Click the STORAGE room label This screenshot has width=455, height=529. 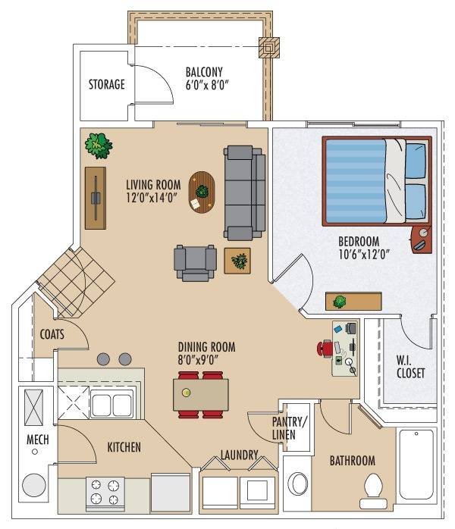(107, 84)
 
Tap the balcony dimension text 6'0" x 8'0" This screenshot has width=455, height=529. (207, 85)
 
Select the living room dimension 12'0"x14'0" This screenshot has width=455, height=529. (152, 197)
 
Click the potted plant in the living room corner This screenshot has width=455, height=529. (99, 146)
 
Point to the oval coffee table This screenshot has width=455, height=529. (202, 193)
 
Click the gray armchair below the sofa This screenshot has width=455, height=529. (195, 263)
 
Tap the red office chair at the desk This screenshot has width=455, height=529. (325, 348)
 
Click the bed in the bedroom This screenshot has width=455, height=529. (377, 181)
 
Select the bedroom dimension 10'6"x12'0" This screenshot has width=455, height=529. (364, 254)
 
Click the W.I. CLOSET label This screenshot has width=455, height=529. (410, 367)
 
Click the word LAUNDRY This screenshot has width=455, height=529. (240, 455)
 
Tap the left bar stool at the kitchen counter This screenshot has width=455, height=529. (103, 359)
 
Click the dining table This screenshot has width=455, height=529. (201, 395)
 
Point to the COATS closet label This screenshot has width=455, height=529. (52, 334)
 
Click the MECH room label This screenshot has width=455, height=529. (38, 440)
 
